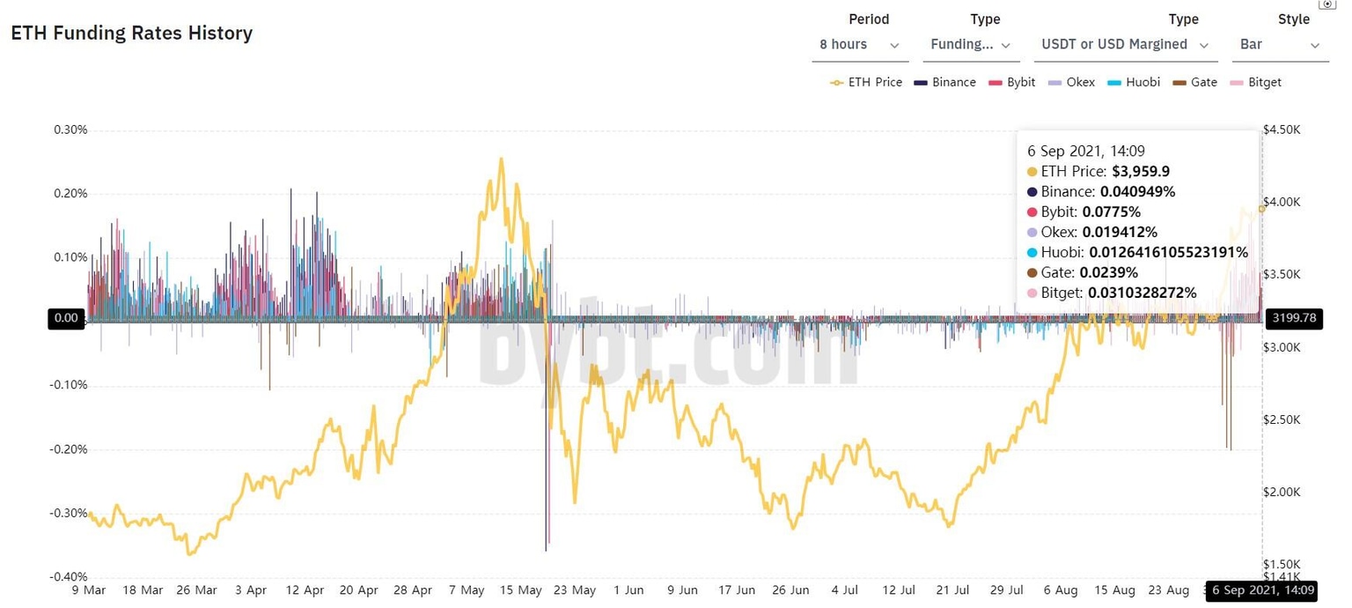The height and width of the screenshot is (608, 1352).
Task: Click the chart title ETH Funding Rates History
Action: coord(131,33)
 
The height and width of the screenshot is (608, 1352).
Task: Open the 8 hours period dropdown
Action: coord(858,45)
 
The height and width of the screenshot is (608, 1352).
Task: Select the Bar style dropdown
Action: coord(1280,45)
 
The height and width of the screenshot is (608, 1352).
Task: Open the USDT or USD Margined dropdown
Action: coord(1125,45)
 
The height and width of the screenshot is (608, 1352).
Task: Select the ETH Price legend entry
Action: coord(866,82)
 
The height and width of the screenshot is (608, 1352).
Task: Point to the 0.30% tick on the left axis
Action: coord(70,130)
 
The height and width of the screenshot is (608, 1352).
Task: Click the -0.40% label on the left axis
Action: coord(69,577)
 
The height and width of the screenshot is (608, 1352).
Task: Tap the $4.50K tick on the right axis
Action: coord(1282,130)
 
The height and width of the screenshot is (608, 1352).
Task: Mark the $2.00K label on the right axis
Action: coord(1282,492)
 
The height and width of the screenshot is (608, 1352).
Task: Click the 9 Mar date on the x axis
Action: coord(89,590)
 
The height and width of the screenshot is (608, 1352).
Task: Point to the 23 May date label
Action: coord(577,590)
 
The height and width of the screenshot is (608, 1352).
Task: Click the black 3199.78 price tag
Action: coord(1292,318)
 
